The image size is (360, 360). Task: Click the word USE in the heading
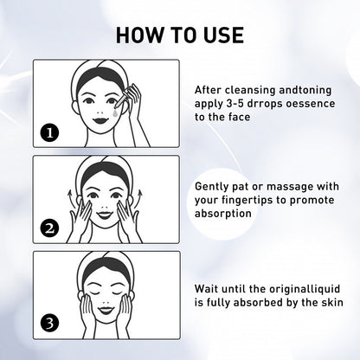click(224, 35)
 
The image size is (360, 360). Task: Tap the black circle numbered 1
click(49, 133)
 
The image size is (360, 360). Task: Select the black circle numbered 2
click(49, 228)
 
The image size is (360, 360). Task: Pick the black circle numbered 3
click(49, 323)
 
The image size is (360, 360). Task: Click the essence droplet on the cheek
click(115, 113)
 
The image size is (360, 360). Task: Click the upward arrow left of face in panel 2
click(70, 198)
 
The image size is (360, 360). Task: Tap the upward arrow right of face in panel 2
click(139, 198)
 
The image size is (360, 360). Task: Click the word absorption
click(222, 214)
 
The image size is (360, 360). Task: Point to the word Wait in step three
click(204, 289)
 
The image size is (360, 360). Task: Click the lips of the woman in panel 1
click(100, 119)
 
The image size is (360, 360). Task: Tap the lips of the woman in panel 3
click(106, 311)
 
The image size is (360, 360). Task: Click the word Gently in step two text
click(212, 187)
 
